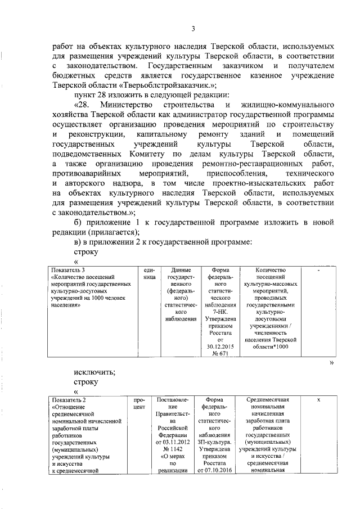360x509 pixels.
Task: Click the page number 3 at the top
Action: click(192, 29)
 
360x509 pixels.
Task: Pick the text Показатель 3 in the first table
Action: click(68, 269)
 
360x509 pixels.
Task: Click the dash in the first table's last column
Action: click(319, 270)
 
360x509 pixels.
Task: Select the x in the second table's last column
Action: click(319, 399)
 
